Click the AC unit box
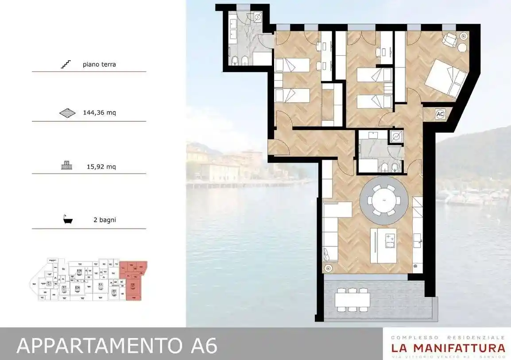(440, 114)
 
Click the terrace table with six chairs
(352, 300)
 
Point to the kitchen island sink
(390, 240)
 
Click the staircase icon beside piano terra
(66, 65)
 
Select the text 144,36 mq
(100, 112)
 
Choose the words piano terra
(99, 65)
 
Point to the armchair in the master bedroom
(450, 40)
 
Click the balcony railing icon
(66, 166)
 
